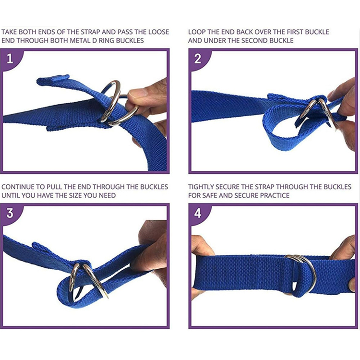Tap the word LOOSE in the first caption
pos(159,32)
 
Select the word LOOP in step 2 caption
pos(197,32)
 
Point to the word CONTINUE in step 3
pos(17,187)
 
